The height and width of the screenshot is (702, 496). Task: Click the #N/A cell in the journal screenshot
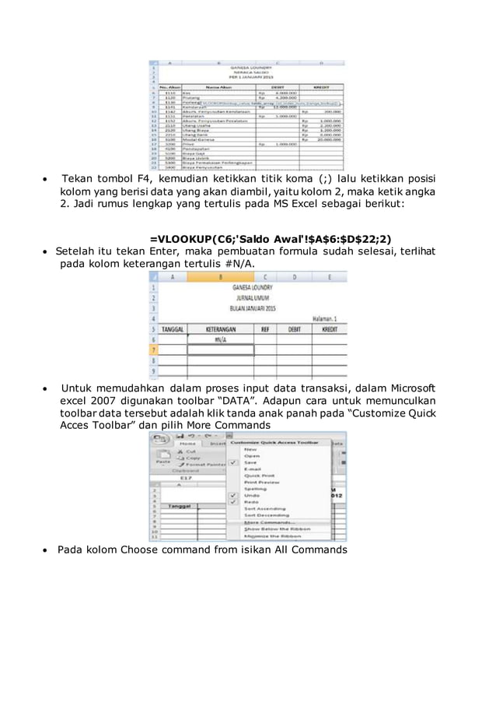[x=221, y=340]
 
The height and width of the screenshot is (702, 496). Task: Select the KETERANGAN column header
[x=220, y=328]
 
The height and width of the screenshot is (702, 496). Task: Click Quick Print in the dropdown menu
[x=260, y=476]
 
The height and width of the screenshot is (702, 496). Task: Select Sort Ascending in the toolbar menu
[x=264, y=508]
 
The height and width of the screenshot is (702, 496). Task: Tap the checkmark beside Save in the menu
[x=232, y=462]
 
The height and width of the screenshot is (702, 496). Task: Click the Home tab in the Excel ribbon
[x=187, y=444]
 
